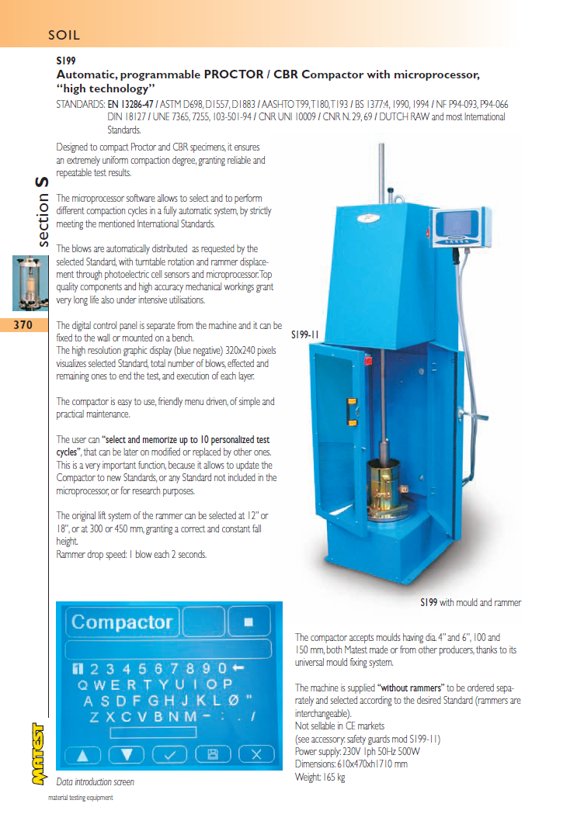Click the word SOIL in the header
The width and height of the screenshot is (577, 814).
point(64,35)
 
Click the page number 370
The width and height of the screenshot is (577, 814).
point(23,326)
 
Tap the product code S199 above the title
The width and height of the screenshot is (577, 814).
point(65,60)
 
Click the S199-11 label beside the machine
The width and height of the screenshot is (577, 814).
point(306,335)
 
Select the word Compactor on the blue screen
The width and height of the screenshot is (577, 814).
point(122,622)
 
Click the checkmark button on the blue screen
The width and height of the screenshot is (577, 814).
point(170,753)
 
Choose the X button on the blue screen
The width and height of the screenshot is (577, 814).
point(257,753)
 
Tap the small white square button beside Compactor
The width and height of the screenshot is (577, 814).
point(249,622)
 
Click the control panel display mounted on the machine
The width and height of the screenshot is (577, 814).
point(457,224)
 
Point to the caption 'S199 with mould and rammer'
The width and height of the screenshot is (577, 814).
point(471,602)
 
